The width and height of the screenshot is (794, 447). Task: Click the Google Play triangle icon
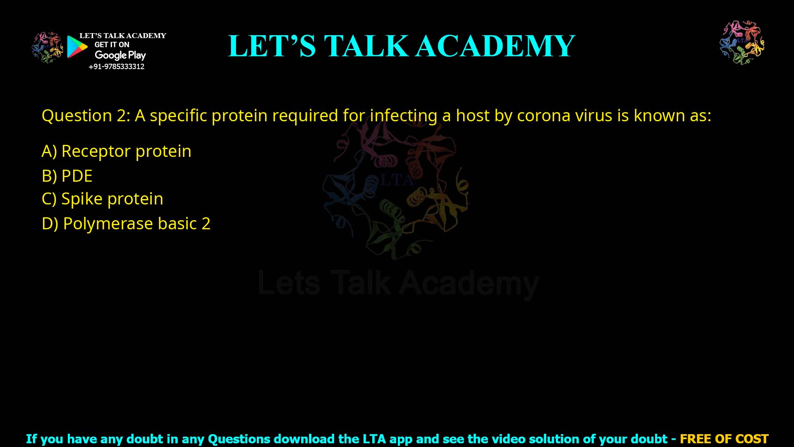77,47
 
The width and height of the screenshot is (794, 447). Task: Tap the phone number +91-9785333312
117,67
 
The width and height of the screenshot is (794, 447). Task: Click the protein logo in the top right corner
742,42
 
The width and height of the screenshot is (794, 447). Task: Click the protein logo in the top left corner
47,47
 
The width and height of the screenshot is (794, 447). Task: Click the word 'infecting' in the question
403,115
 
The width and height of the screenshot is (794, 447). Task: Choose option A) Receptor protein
116,151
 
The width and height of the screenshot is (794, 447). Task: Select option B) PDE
67,176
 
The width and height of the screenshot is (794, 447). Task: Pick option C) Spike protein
102,199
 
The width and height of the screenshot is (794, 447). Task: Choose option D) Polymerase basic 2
126,223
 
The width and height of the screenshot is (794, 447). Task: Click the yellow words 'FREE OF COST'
724,439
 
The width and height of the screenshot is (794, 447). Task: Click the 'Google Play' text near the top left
120,55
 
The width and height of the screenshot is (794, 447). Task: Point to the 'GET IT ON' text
112,45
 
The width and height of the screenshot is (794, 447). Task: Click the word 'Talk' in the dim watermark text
361,283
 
